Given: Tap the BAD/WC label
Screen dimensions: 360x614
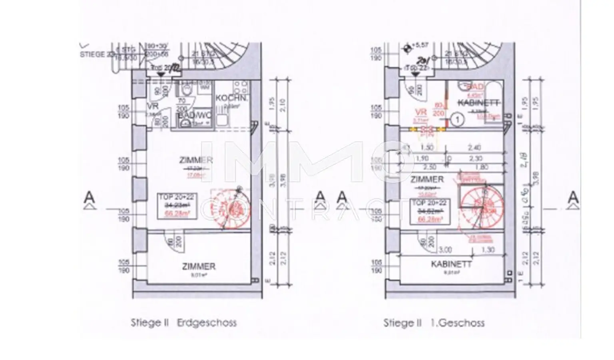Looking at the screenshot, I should coord(189,115).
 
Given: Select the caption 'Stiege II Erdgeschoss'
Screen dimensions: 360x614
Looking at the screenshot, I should coord(183,322).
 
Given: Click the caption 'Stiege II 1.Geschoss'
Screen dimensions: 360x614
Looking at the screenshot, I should coord(434,322).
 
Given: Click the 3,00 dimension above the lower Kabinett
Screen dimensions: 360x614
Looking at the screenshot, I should coord(445,250).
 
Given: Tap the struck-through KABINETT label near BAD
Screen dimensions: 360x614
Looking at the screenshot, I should coord(478,103).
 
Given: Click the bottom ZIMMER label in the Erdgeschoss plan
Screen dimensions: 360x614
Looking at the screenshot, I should coord(199,266).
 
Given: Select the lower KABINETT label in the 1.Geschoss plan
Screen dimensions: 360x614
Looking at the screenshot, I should coord(451,264).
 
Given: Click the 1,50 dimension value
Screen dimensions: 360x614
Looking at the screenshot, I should coord(427,148).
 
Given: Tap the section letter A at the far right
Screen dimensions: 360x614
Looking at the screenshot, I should coord(573,197).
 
